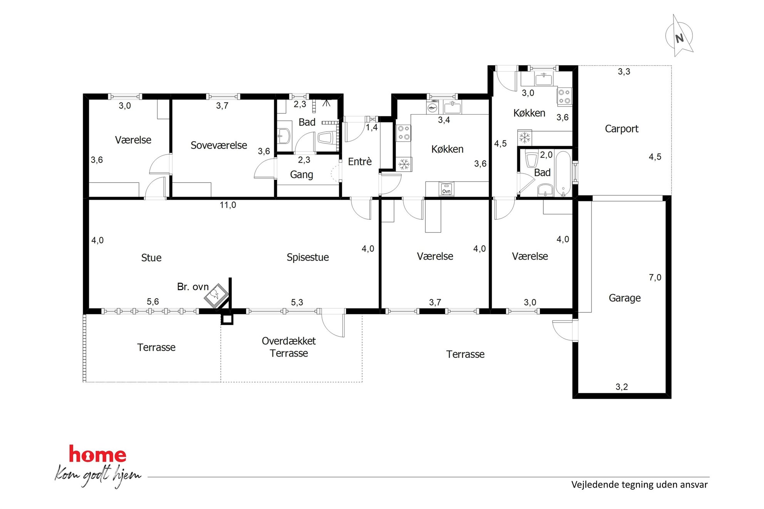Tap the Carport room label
[622, 129]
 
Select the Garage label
[625, 298]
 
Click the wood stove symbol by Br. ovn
[216, 295]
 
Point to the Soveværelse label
[219, 145]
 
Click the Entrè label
[360, 161]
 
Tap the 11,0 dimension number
[228, 205]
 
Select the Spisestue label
[308, 257]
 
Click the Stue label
[151, 258]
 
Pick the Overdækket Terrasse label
[289, 347]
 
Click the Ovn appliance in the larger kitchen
[446, 189]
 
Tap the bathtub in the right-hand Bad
[563, 174]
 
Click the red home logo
[97, 454]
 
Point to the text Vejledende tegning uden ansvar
[639, 484]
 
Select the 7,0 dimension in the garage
[655, 277]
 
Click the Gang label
[302, 175]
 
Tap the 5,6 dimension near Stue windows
[152, 302]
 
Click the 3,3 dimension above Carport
[624, 72]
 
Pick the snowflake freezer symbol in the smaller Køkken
[524, 137]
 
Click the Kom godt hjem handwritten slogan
[98, 476]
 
